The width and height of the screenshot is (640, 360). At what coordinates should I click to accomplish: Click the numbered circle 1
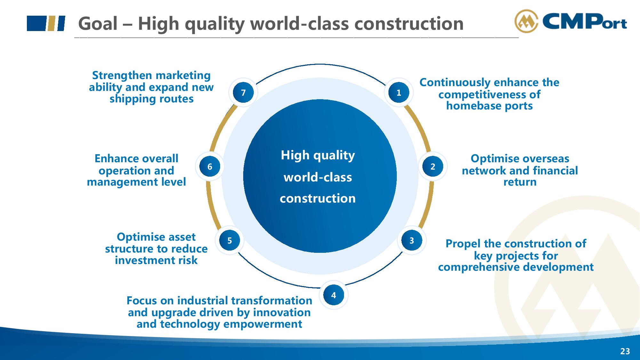pyautogui.click(x=399, y=93)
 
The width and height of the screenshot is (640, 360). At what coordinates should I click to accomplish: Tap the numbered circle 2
pyautogui.click(x=433, y=166)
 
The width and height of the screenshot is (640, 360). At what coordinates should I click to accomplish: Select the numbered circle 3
pyautogui.click(x=412, y=240)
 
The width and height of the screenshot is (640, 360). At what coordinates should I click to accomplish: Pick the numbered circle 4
pyautogui.click(x=333, y=295)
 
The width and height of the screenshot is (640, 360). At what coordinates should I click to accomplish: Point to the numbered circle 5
pyautogui.click(x=230, y=240)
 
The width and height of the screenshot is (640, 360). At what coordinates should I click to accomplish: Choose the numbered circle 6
pyautogui.click(x=210, y=166)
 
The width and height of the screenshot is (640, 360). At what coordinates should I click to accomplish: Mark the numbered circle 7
pyautogui.click(x=243, y=93)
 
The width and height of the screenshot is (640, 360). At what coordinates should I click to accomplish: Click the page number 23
pyautogui.click(x=625, y=351)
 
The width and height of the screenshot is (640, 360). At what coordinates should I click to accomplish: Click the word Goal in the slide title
pyautogui.click(x=98, y=23)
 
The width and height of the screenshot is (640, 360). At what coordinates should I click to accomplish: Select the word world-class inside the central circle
pyautogui.click(x=318, y=177)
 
